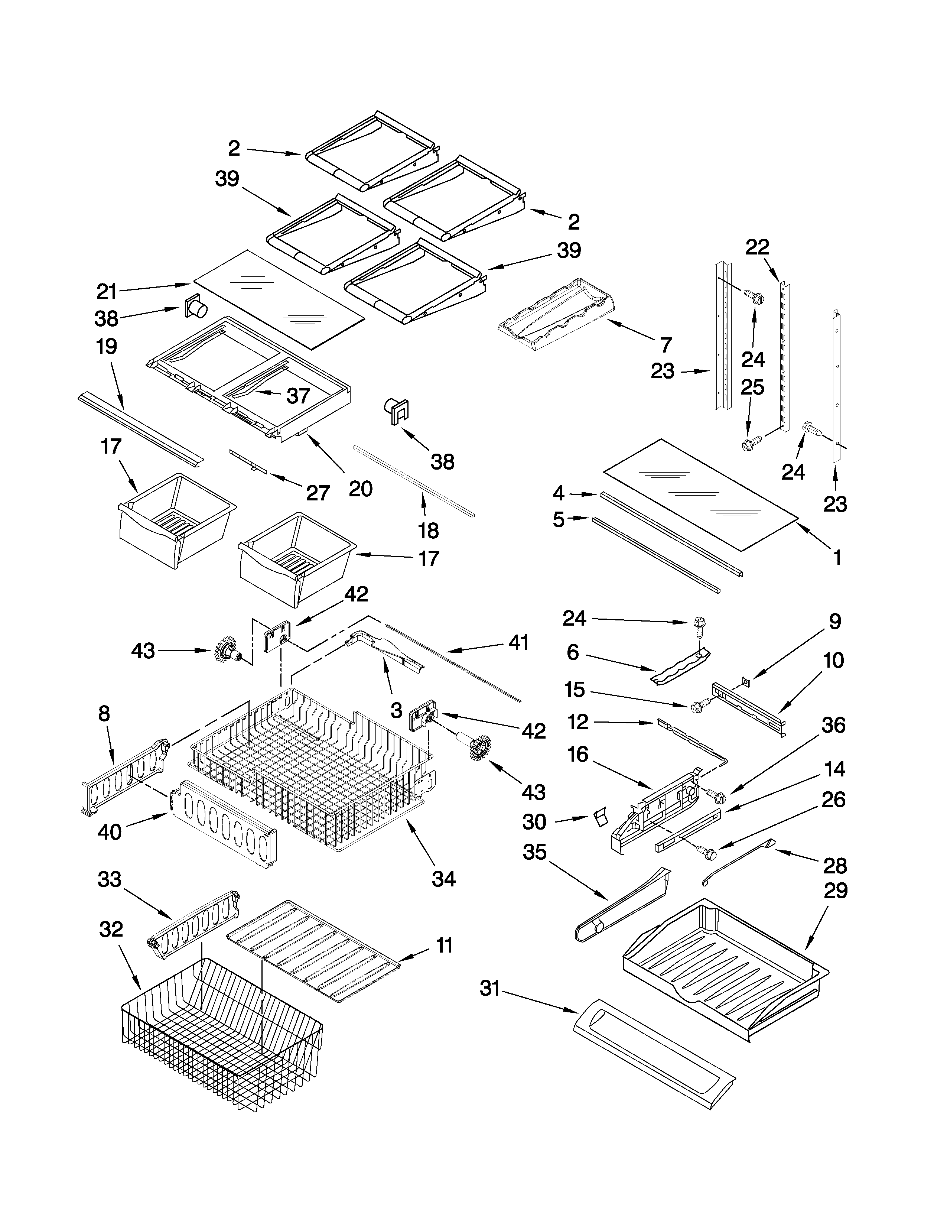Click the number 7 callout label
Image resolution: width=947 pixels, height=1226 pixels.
666,345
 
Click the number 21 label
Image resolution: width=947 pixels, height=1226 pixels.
106,292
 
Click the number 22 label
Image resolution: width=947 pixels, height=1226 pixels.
757,247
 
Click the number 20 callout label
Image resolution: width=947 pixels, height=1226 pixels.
360,489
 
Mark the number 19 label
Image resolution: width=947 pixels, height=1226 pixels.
106,346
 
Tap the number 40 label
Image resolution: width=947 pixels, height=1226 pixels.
110,832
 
